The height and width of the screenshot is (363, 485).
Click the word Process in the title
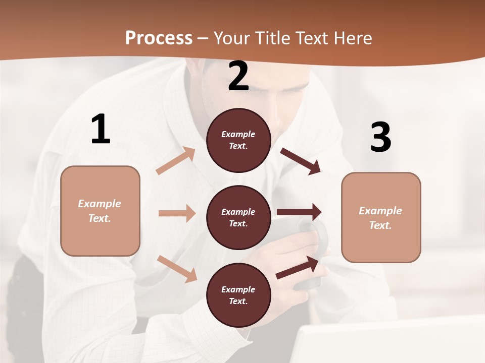coord(159,38)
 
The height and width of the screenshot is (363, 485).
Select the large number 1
coord(101,130)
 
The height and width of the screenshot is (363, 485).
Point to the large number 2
coord(238,77)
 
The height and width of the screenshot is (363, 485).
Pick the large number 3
coord(380,138)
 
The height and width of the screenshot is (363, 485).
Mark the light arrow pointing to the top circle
coord(175,161)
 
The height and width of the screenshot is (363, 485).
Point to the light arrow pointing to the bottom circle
coord(177,268)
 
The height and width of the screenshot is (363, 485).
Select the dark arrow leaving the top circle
coord(300,161)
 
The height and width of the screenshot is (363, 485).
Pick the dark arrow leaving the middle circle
coord(299,212)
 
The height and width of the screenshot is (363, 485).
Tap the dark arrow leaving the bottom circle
coord(298,267)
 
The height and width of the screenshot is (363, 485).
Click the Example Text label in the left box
coord(100,211)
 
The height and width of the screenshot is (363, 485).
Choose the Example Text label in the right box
coord(381,218)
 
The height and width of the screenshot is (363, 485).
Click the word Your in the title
coord(233,38)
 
